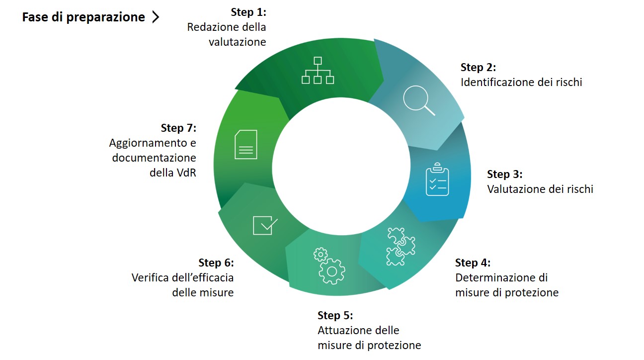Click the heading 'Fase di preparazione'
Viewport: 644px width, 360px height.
pyautogui.click(x=83, y=17)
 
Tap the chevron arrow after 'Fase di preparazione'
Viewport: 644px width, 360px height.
pyautogui.click(x=156, y=17)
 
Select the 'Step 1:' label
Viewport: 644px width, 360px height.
pyautogui.click(x=248, y=12)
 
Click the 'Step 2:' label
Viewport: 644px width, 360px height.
pyautogui.click(x=478, y=67)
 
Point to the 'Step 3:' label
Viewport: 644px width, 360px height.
pyautogui.click(x=504, y=174)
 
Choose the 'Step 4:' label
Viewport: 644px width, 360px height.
pyautogui.click(x=473, y=263)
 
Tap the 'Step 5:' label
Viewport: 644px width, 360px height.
pyautogui.click(x=335, y=315)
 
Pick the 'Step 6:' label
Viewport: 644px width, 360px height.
pyautogui.click(x=216, y=263)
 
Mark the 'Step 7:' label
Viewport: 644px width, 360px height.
pyautogui.click(x=178, y=128)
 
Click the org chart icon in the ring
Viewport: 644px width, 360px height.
pyautogui.click(x=318, y=71)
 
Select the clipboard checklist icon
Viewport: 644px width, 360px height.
pyautogui.click(x=437, y=179)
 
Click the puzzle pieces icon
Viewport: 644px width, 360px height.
pyautogui.click(x=401, y=246)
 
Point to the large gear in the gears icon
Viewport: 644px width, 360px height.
pyautogui.click(x=332, y=271)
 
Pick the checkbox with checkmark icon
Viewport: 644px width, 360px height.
pyautogui.click(x=265, y=225)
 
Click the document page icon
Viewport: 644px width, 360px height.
pyautogui.click(x=246, y=145)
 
